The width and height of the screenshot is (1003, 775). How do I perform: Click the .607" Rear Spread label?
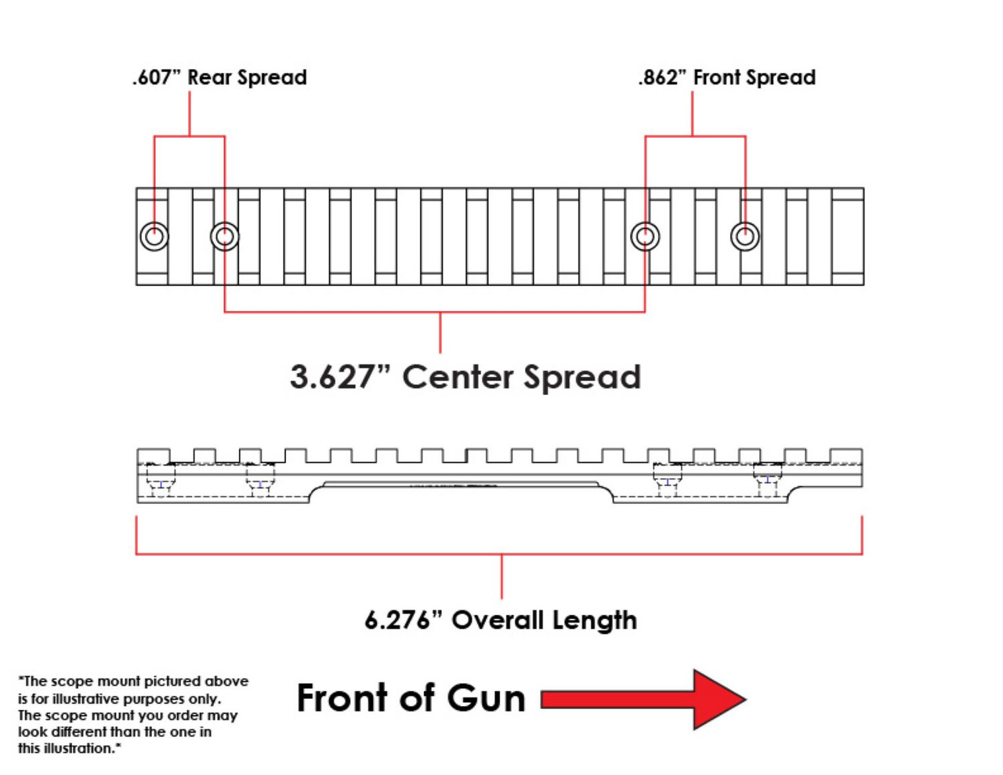(219, 78)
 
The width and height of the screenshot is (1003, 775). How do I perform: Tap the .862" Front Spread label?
(726, 78)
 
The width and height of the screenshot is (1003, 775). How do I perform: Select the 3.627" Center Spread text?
(465, 377)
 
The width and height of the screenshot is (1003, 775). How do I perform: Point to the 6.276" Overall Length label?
(501, 621)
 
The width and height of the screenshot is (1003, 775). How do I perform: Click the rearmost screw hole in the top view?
(154, 235)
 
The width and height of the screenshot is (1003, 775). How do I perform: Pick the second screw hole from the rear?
(225, 235)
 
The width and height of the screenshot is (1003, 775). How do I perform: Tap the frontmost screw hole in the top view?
(744, 235)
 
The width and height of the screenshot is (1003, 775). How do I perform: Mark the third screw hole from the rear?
(645, 235)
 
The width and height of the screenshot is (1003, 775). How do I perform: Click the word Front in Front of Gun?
(342, 698)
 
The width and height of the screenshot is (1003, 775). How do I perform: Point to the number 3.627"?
(332, 377)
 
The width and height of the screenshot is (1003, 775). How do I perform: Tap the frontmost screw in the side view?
(767, 480)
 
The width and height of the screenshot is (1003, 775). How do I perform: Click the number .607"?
(156, 78)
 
